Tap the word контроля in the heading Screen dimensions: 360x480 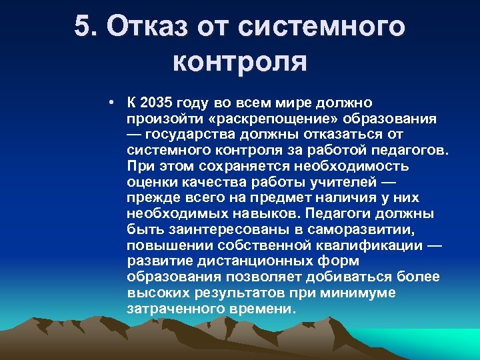tap(239, 61)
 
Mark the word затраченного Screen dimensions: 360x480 tap(168, 309)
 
